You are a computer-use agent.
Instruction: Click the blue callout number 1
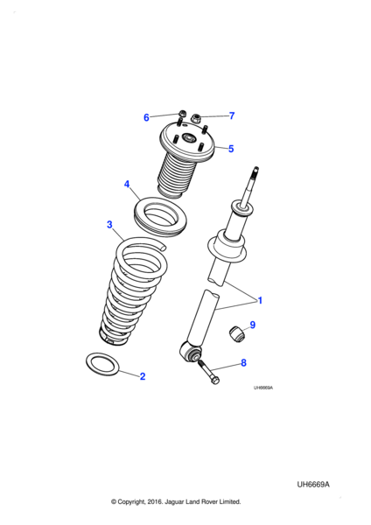[260, 300]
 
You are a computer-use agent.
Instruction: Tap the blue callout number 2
[143, 376]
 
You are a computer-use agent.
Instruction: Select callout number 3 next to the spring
[109, 224]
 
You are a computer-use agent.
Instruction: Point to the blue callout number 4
[127, 184]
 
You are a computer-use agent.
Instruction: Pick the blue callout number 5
[231, 149]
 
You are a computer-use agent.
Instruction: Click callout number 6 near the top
[146, 117]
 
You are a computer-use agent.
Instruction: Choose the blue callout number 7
[232, 115]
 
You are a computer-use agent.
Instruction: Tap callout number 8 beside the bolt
[243, 362]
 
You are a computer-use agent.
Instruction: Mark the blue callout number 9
[253, 325]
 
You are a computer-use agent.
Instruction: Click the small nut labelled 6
[182, 113]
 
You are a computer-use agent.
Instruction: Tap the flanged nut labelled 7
[195, 118]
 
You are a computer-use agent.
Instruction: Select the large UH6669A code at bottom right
[313, 485]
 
